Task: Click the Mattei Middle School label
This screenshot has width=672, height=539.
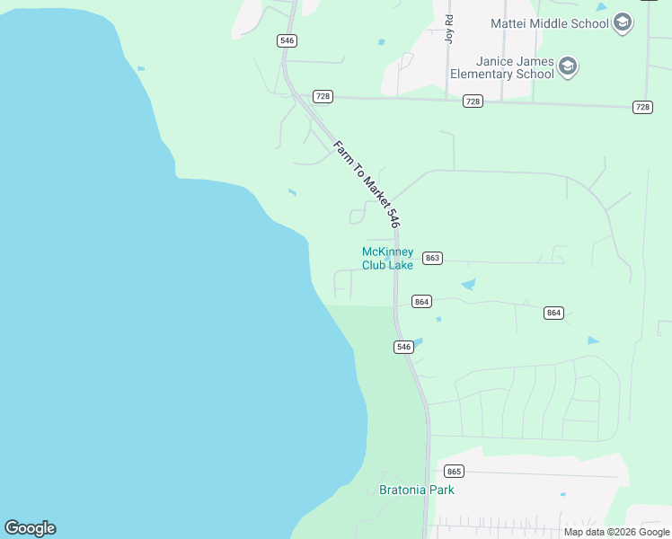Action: pyautogui.click(x=549, y=23)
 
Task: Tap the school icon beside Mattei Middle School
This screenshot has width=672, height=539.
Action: pyautogui.click(x=623, y=23)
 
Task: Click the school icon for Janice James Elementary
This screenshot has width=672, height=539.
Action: pyautogui.click(x=567, y=66)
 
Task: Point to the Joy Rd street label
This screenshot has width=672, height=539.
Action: pyautogui.click(x=449, y=29)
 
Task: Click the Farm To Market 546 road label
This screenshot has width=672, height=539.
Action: pyautogui.click(x=366, y=184)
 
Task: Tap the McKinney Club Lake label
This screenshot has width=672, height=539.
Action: pyautogui.click(x=387, y=258)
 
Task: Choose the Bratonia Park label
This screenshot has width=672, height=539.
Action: pyautogui.click(x=416, y=490)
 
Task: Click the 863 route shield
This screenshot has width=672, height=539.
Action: pyautogui.click(x=432, y=258)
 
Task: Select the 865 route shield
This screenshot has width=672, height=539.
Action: pyautogui.click(x=454, y=472)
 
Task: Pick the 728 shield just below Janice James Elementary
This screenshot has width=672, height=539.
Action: pyautogui.click(x=473, y=102)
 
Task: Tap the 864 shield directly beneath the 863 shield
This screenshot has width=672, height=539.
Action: pyautogui.click(x=422, y=302)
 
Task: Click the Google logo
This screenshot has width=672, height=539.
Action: pyautogui.click(x=30, y=528)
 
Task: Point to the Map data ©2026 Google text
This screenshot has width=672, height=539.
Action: pyautogui.click(x=616, y=532)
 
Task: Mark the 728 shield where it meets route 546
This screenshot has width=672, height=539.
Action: pyautogui.click(x=323, y=96)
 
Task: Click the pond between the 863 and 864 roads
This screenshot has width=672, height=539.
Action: pyautogui.click(x=468, y=285)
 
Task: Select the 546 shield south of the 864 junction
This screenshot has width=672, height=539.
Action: pyautogui.click(x=403, y=347)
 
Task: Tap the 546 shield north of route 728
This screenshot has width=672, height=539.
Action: pyautogui.click(x=287, y=41)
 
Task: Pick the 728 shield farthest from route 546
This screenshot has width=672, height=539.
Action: pyautogui.click(x=642, y=107)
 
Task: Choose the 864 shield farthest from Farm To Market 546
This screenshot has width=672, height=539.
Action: pyautogui.click(x=553, y=313)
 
